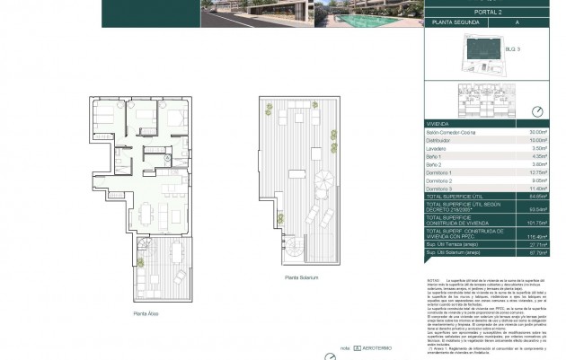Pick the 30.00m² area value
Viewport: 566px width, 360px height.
pos(540,134)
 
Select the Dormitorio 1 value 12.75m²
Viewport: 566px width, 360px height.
pos(540,173)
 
